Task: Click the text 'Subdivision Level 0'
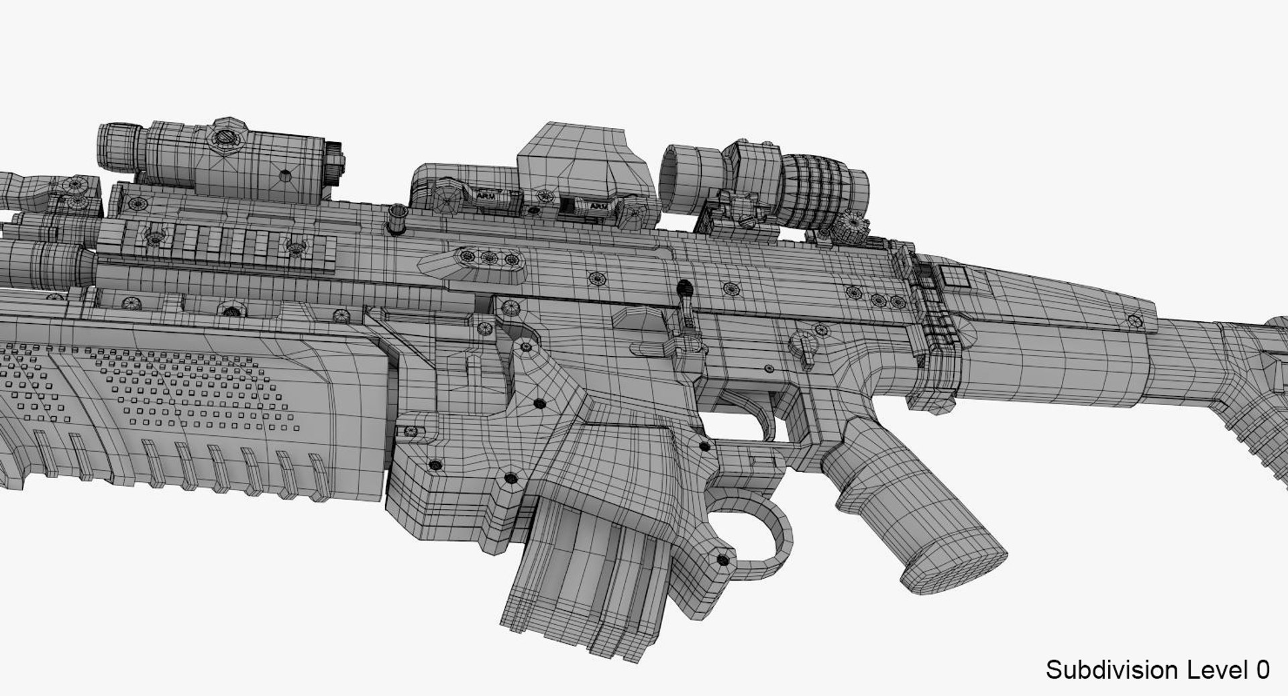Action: [1157, 670]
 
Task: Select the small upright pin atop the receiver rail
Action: [396, 219]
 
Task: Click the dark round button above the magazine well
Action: [684, 290]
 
